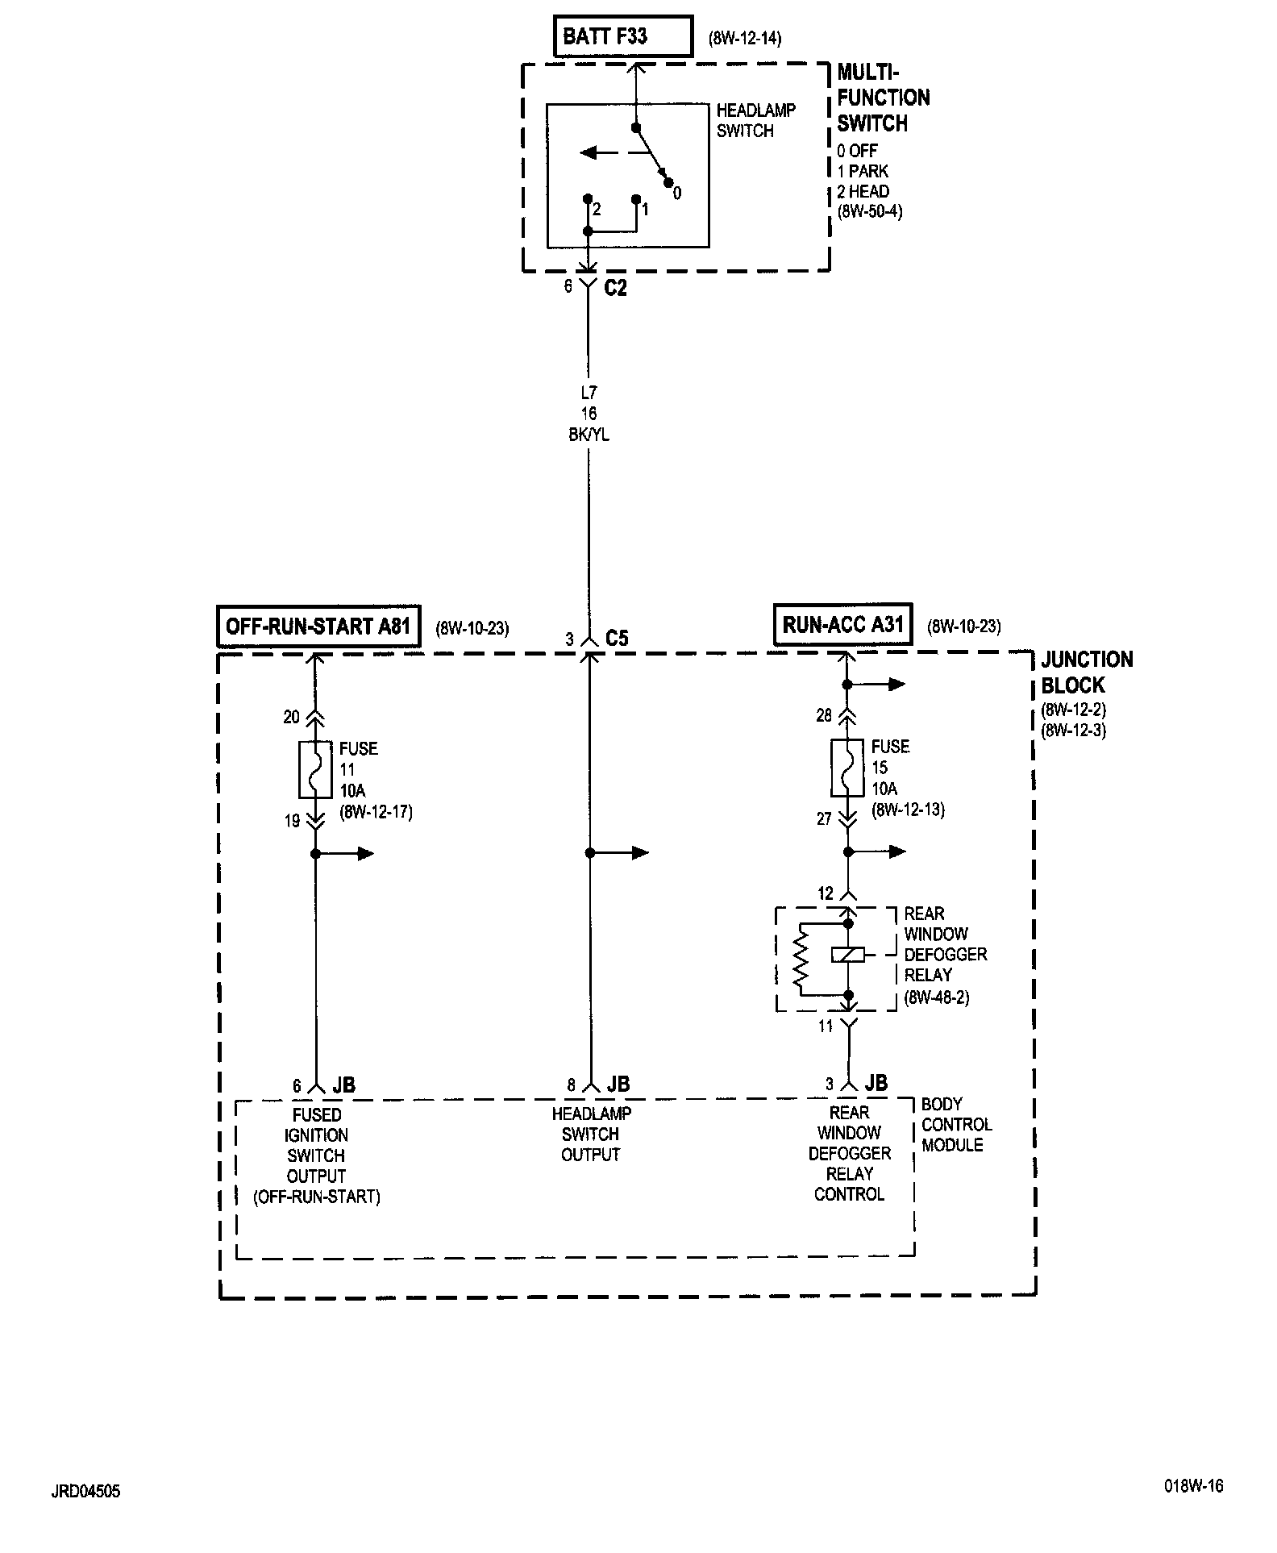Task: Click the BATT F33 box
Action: coord(622,36)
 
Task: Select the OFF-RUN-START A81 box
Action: coord(318,627)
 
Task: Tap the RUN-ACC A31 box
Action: coord(842,625)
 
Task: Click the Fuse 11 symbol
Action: coord(315,768)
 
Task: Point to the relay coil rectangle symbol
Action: coord(847,955)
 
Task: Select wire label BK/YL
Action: coord(589,435)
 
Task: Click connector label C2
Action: coord(615,288)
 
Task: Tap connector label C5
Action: coord(617,639)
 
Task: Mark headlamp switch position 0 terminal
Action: coord(668,183)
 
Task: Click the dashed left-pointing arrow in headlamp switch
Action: coord(600,152)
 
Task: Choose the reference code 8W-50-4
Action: coord(869,212)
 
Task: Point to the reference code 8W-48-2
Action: coord(936,997)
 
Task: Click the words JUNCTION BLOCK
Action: coord(1087,672)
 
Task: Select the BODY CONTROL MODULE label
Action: coord(956,1124)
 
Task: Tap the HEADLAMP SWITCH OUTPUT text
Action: coord(591,1134)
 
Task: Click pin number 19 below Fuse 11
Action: coord(292,821)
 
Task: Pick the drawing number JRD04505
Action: coord(85,1491)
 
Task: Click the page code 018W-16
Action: coord(1193,1486)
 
